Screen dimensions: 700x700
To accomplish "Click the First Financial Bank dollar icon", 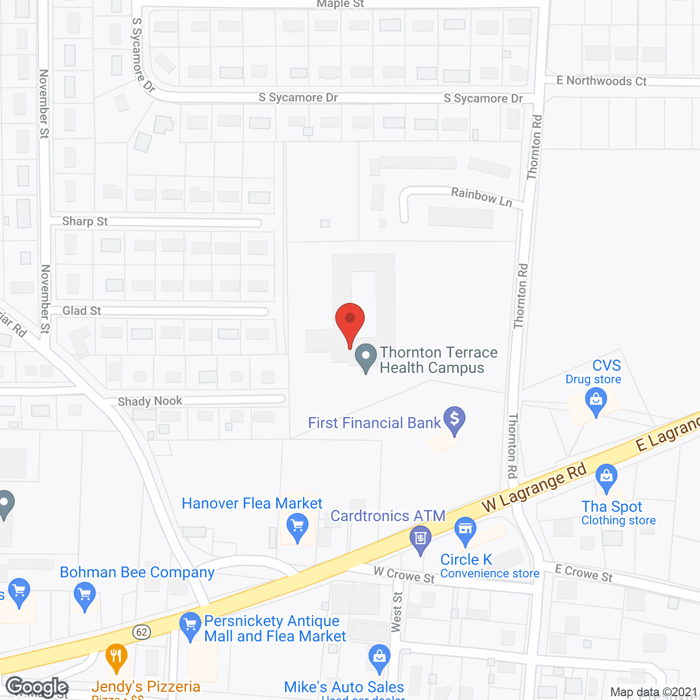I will tap(454, 419).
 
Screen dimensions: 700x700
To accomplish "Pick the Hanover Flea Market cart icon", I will tap(297, 528).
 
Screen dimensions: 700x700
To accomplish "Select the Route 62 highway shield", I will tap(142, 632).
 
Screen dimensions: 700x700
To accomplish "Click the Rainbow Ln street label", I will tap(481, 197).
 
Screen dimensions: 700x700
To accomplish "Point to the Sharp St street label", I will tap(85, 221).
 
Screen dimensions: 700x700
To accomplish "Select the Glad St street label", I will tap(81, 311).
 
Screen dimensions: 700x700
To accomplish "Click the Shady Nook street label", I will tap(150, 401).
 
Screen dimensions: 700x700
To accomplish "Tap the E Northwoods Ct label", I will tap(601, 81).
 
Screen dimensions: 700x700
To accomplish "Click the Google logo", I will tap(37, 687).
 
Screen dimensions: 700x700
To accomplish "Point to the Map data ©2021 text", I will tap(654, 692).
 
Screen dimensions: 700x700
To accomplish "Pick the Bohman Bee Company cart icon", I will tap(85, 596).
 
